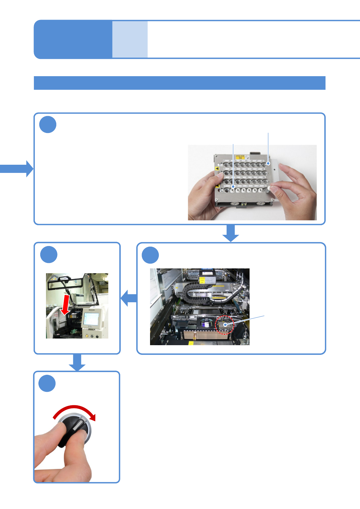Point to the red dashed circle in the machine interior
pos(224,325)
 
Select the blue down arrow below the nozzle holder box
pos(231,233)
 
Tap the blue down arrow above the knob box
pos(77,362)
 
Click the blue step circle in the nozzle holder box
pos(48,125)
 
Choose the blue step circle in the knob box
pos(47,383)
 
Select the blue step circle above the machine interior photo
pos(150,255)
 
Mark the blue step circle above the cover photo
pos(48,254)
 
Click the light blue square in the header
pos(130,39)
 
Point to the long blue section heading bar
pos(179,83)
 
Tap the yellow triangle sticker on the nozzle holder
pos(217,169)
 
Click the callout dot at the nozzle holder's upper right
pos(268,164)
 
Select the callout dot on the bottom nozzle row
pos(233,187)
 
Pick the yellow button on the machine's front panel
pos(87,336)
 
